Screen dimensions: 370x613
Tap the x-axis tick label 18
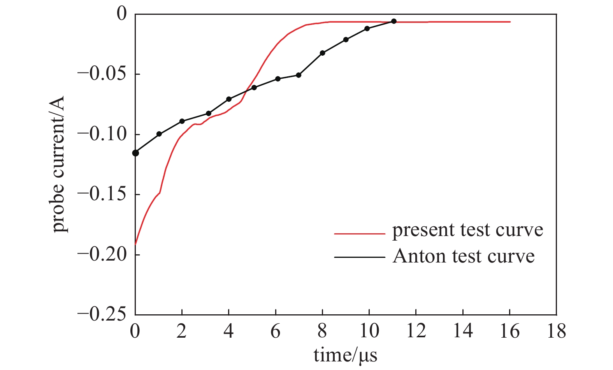pos(556,331)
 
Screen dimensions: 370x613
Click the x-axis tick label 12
pos(416,331)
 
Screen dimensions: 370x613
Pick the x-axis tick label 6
pos(276,331)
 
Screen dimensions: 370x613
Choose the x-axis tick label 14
pos(463,331)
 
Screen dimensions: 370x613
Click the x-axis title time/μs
pos(346,355)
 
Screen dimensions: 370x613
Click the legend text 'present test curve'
pos(467,230)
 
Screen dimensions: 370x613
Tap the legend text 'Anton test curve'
pos(464,256)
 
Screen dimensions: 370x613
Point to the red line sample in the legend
pos(359,234)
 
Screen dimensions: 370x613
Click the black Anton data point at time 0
pos(135,153)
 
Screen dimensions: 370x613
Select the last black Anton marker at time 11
pos(393,21)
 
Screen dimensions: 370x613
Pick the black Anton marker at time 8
pos(322,53)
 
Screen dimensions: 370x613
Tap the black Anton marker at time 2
pos(182,121)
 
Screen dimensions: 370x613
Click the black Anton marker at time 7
pos(299,75)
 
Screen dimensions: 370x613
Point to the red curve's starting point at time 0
pos(135,244)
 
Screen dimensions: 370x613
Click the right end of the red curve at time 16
pos(509,22)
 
